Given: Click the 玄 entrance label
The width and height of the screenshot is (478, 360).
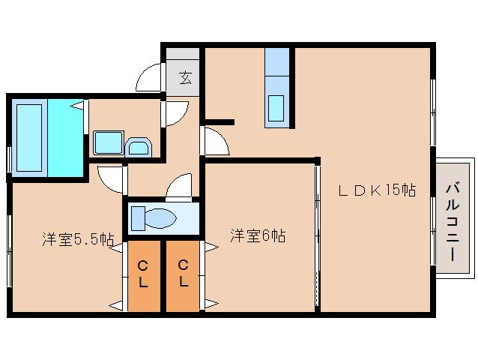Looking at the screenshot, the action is coord(185,77).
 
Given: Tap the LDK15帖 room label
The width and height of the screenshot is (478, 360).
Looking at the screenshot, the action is coord(377,190).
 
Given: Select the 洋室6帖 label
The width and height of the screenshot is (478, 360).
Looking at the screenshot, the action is coord(258,235).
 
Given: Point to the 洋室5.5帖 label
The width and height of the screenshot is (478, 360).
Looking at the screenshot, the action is coord(78,239).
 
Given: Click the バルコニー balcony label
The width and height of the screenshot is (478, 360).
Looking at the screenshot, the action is coord(453,221).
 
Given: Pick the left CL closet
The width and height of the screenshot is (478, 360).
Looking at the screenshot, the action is coord(144,276).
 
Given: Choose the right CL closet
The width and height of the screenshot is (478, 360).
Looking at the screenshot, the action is coord(183,276).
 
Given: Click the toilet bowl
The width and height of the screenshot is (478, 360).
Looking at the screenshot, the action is coord(160,218).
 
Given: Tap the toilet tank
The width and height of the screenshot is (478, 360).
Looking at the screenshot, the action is coord(138,218).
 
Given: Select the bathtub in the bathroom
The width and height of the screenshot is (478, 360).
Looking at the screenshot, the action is coord(29,137).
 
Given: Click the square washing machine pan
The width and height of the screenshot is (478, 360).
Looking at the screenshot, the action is coord(109,142).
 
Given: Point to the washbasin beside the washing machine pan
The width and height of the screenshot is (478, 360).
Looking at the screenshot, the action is coord(139,147).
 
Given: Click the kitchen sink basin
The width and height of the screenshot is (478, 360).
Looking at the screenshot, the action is coord(276,108).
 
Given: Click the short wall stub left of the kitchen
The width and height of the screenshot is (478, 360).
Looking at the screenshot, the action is coord(220,122).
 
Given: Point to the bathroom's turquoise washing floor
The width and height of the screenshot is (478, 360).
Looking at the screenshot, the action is coord(65,137).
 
